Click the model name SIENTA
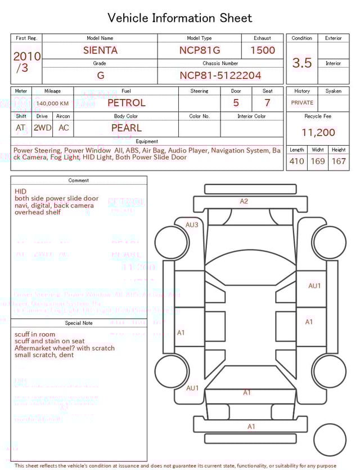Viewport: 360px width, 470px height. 100,50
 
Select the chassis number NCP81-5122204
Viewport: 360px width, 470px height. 220,75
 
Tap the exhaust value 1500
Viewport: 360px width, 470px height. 262,50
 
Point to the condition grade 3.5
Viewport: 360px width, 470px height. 301,63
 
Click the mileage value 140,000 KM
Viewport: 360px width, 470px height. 52,104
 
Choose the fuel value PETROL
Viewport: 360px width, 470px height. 126,103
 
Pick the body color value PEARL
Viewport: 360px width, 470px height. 126,128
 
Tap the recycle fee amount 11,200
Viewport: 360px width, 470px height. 318,133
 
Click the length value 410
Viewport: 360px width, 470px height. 296,162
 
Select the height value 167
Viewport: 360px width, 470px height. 339,162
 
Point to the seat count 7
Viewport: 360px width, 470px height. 267,103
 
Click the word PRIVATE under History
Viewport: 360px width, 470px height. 302,103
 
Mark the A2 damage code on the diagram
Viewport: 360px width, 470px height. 244,201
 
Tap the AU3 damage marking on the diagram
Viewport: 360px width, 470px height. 192,225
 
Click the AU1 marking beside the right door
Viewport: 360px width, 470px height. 314,286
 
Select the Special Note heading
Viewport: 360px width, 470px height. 79,323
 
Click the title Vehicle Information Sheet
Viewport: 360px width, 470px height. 180,18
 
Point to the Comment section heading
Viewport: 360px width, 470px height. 79,181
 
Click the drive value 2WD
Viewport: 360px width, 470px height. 42,128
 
